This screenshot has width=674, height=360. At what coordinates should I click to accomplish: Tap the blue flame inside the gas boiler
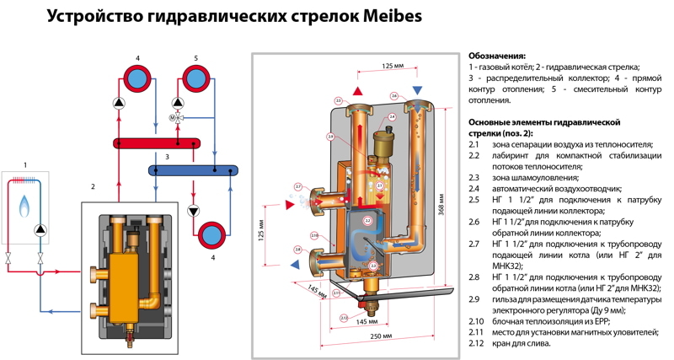click(24, 203)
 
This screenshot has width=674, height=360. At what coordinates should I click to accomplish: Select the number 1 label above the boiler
click(25, 164)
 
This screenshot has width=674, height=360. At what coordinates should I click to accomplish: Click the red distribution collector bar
click(157, 142)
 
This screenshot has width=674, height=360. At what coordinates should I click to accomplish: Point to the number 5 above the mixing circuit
click(195, 57)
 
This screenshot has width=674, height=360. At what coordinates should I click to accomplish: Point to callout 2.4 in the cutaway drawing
click(393, 96)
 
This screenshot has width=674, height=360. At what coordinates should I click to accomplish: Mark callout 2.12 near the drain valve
click(344, 318)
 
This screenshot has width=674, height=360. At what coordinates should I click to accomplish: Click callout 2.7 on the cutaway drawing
click(297, 186)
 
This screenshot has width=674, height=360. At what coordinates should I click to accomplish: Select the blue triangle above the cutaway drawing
click(417, 90)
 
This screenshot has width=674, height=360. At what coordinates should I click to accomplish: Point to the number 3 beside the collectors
click(168, 157)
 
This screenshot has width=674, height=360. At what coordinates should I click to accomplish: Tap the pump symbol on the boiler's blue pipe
click(40, 230)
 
